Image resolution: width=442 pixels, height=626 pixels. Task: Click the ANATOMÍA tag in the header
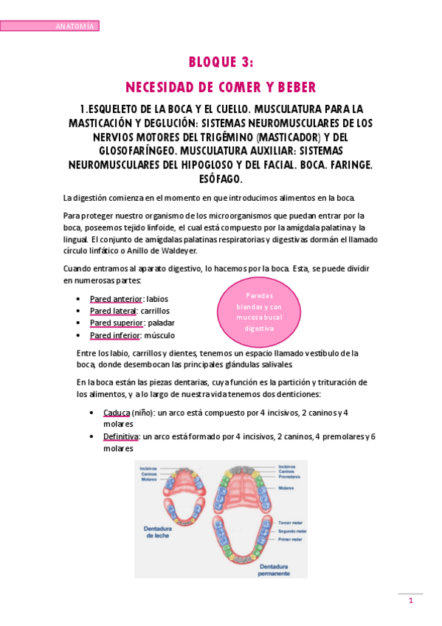click(75, 27)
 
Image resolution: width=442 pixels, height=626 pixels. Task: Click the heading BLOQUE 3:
click(221, 62)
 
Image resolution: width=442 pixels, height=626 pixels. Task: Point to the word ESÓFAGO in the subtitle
click(221, 179)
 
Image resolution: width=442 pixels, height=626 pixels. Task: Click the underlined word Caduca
click(116, 413)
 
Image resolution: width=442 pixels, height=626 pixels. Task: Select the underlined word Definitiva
click(121, 437)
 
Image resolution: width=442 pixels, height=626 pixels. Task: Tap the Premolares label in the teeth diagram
click(289, 477)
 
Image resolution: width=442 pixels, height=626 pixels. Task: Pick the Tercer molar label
click(288, 521)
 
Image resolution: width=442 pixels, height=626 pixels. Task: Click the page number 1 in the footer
click(411, 602)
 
